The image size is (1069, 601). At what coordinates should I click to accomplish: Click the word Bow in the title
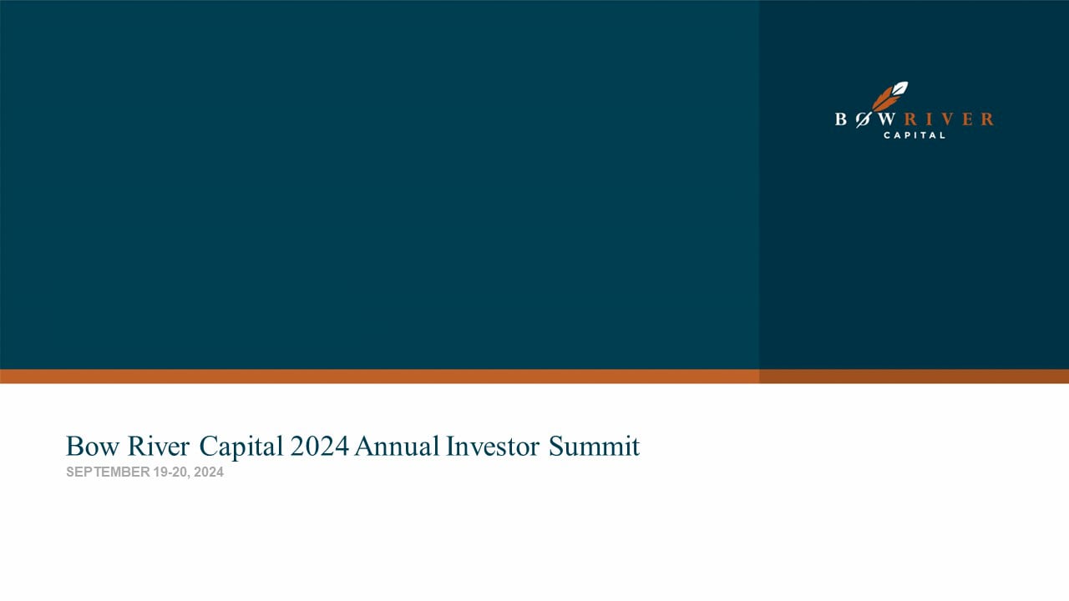pyautogui.click(x=87, y=447)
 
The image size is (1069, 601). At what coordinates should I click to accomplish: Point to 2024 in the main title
pyautogui.click(x=320, y=447)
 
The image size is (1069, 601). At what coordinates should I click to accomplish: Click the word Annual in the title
pyautogui.click(x=397, y=447)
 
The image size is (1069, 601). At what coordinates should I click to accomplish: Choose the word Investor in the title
pyautogui.click(x=494, y=447)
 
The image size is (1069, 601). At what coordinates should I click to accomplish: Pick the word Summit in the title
pyautogui.click(x=594, y=447)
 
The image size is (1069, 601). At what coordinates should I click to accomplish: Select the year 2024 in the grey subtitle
pyautogui.click(x=209, y=472)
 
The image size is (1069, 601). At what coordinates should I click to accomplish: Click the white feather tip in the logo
pyautogui.click(x=899, y=88)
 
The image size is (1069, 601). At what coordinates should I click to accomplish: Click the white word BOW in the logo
pyautogui.click(x=865, y=119)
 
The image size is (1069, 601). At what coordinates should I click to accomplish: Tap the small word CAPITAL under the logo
pyautogui.click(x=914, y=135)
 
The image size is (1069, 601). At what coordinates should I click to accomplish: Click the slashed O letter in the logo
pyautogui.click(x=863, y=119)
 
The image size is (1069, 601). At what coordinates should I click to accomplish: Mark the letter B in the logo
pyautogui.click(x=841, y=119)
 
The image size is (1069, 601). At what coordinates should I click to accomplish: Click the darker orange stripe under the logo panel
pyautogui.click(x=914, y=376)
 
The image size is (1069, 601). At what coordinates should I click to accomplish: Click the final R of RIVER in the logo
pyautogui.click(x=987, y=119)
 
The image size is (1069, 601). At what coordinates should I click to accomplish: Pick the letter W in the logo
pyautogui.click(x=887, y=119)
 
